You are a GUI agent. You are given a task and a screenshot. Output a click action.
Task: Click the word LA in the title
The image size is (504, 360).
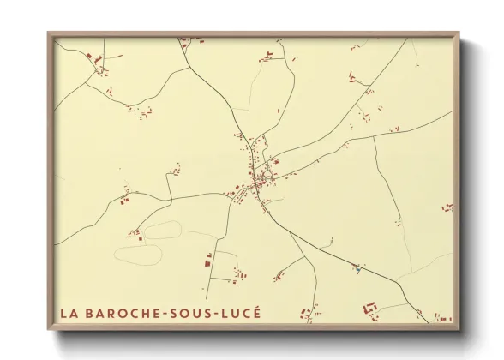pyautogui.click(x=69, y=313)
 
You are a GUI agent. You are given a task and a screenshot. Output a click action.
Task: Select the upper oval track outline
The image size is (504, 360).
pyautogui.click(x=163, y=230)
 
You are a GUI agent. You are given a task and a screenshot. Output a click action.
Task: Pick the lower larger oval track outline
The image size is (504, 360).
pyautogui.click(x=139, y=255)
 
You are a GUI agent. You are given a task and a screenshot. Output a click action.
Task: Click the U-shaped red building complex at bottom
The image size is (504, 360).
pyautogui.click(x=372, y=307)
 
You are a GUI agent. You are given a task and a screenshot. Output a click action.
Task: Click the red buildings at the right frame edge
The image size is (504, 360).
pyautogui.click(x=447, y=207)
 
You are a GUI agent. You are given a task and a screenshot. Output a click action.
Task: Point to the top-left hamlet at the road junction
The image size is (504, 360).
pyautogui.click(x=98, y=61)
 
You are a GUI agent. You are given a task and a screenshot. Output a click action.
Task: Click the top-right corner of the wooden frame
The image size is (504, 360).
pyautogui.click(x=459, y=33)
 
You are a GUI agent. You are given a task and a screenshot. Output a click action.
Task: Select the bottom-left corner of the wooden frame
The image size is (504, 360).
pyautogui.click(x=49, y=328)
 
